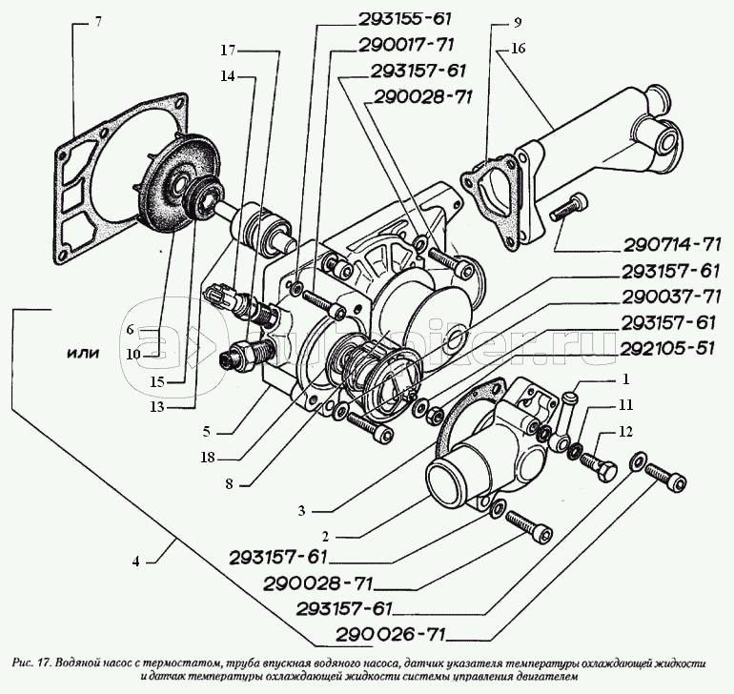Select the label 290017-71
407,44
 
